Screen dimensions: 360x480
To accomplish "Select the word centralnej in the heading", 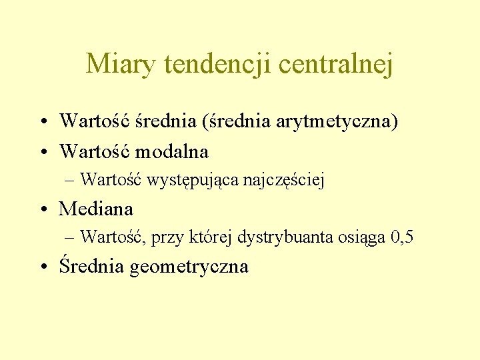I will tap(336, 64).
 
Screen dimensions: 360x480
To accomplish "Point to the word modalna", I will tap(172, 151).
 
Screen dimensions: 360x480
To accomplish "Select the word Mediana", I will tap(96, 209).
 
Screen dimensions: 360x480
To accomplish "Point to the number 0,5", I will tap(402, 237).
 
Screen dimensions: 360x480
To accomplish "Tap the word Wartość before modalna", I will tap(95, 151).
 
